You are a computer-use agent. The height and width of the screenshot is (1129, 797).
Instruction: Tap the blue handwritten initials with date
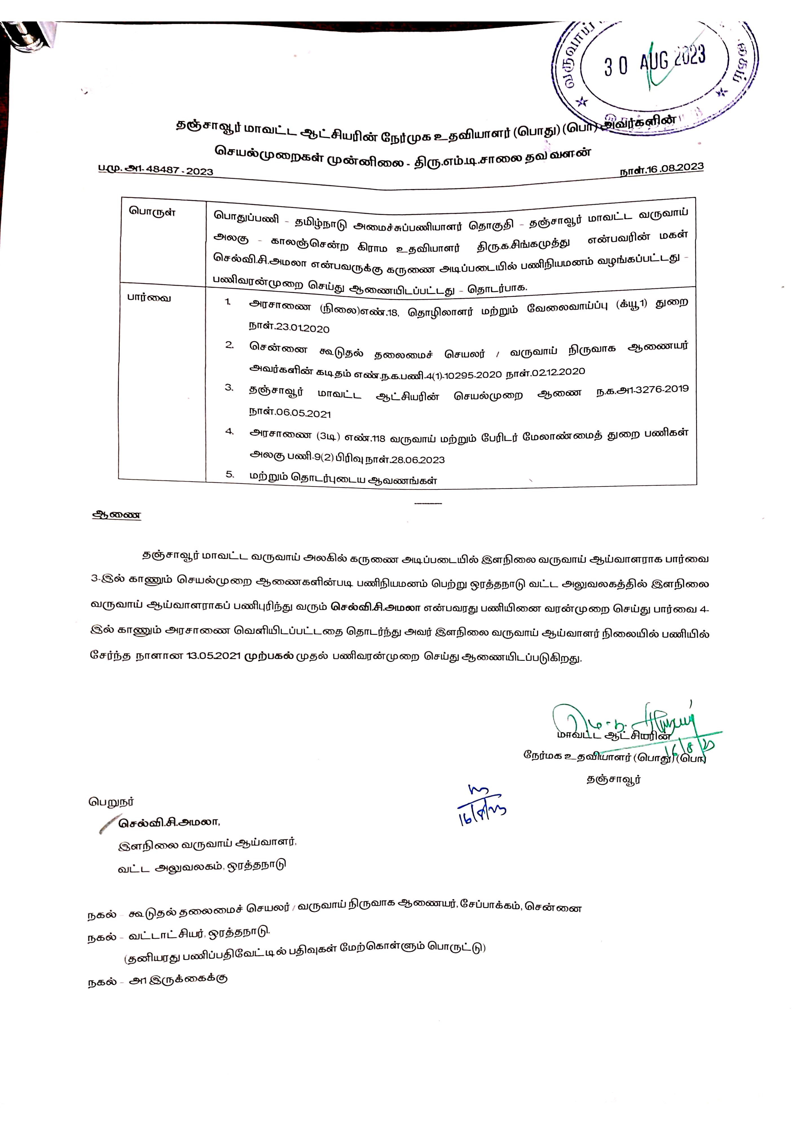tap(479, 806)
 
